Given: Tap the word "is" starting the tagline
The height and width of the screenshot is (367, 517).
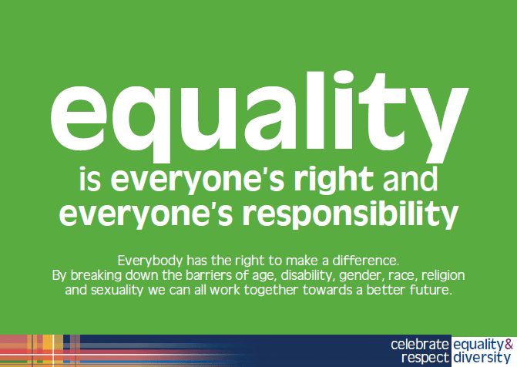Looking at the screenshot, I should [91, 179].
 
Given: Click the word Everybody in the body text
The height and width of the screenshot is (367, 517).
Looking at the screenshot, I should [148, 259].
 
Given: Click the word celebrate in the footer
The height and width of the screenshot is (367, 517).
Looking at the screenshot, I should [419, 344].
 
